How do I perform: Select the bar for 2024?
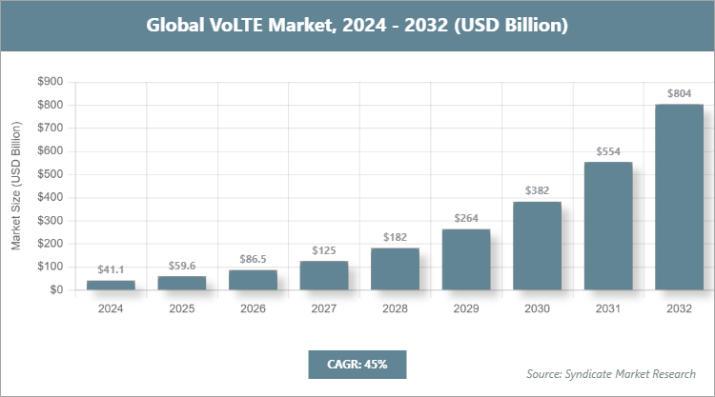click(x=111, y=285)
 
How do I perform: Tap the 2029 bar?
click(x=465, y=259)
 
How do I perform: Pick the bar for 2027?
click(x=323, y=275)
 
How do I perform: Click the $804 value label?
click(x=679, y=93)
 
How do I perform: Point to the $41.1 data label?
click(x=111, y=270)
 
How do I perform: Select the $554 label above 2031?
click(x=607, y=151)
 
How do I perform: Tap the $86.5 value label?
click(x=253, y=260)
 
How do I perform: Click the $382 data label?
click(x=537, y=191)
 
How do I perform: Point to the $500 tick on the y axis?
click(x=50, y=174)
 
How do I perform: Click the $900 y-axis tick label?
click(x=50, y=82)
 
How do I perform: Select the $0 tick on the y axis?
click(x=56, y=289)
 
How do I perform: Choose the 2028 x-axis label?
click(x=395, y=308)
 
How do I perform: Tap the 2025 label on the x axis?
click(x=181, y=308)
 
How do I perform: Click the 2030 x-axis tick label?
click(x=537, y=308)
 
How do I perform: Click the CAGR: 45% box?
click(x=357, y=364)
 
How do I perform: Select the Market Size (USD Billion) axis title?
click(x=16, y=185)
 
